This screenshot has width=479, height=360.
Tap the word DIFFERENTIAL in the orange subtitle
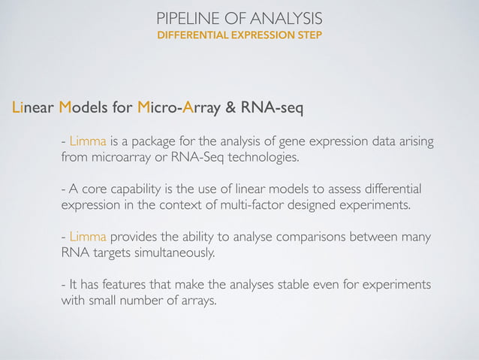(191, 36)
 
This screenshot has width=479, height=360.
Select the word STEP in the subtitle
(309, 36)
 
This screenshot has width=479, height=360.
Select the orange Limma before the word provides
(88, 237)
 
